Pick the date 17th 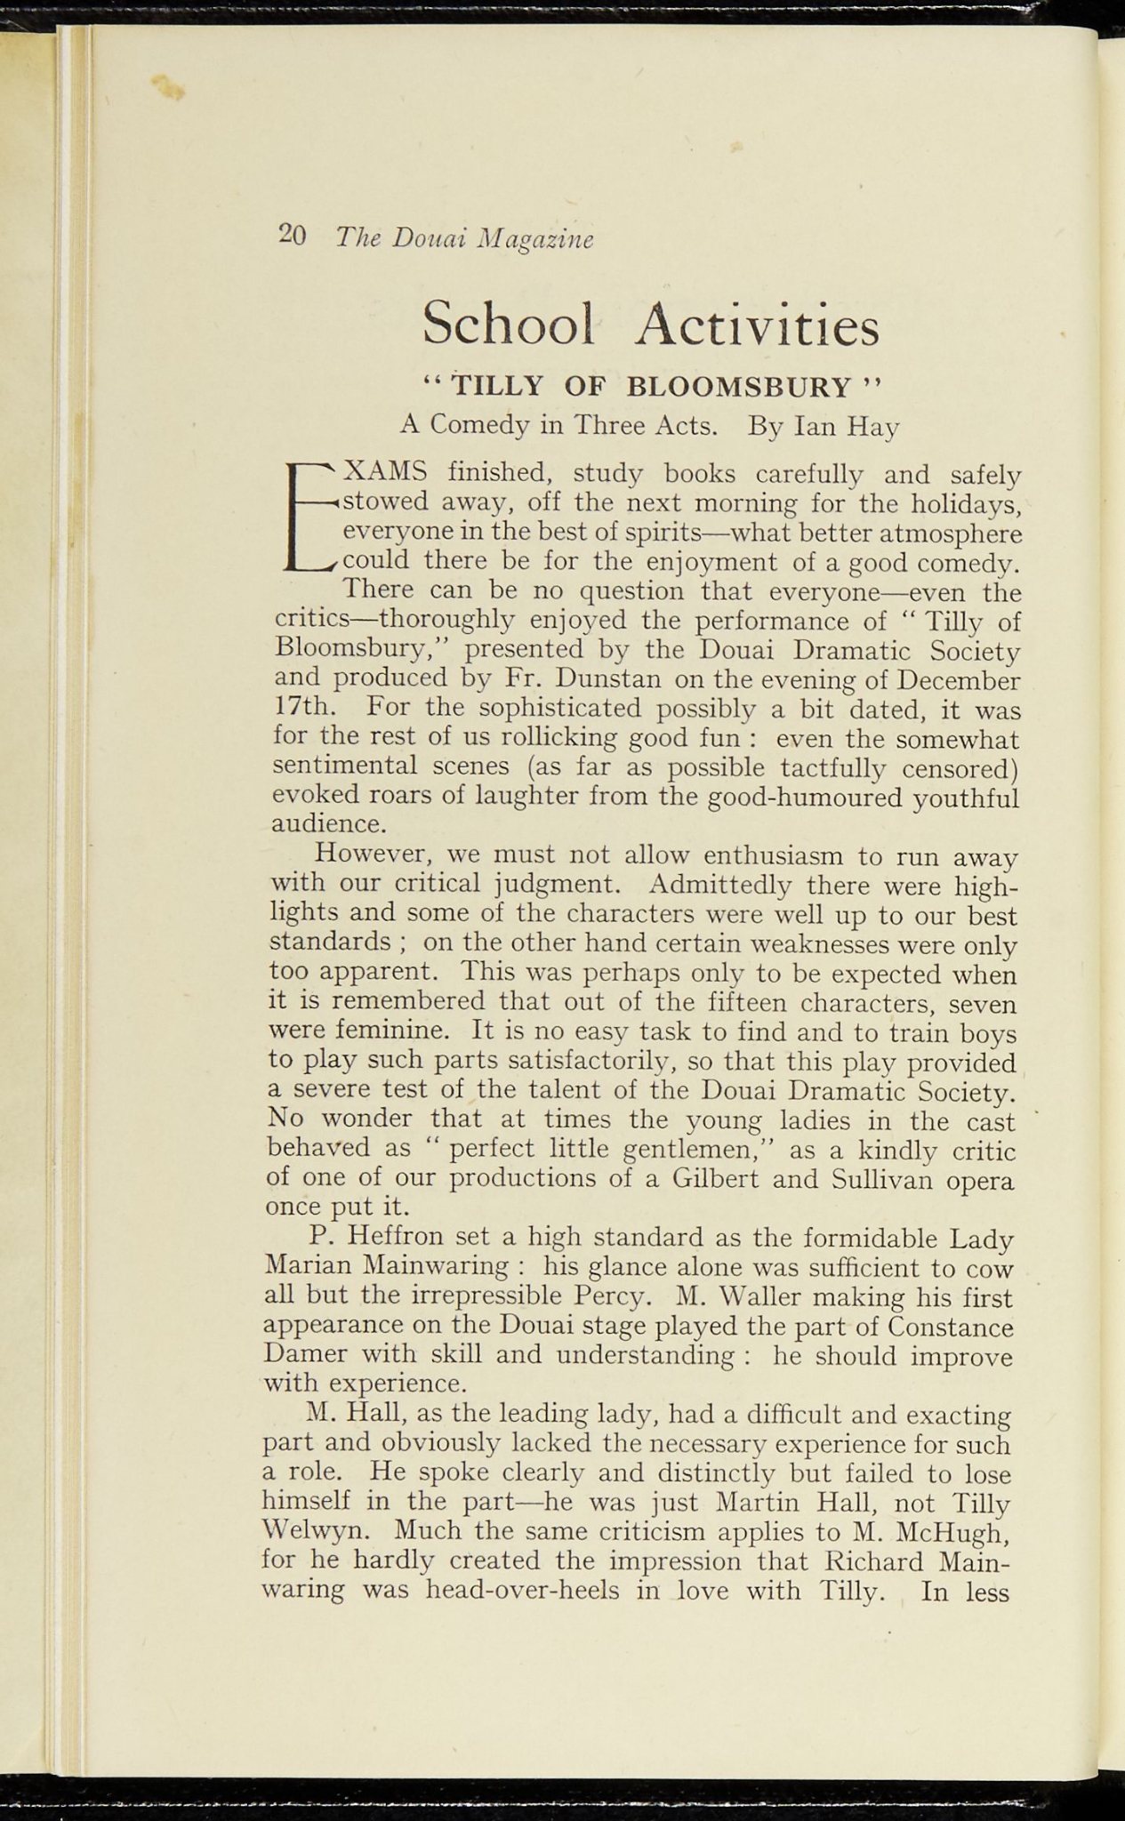[x=302, y=709]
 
